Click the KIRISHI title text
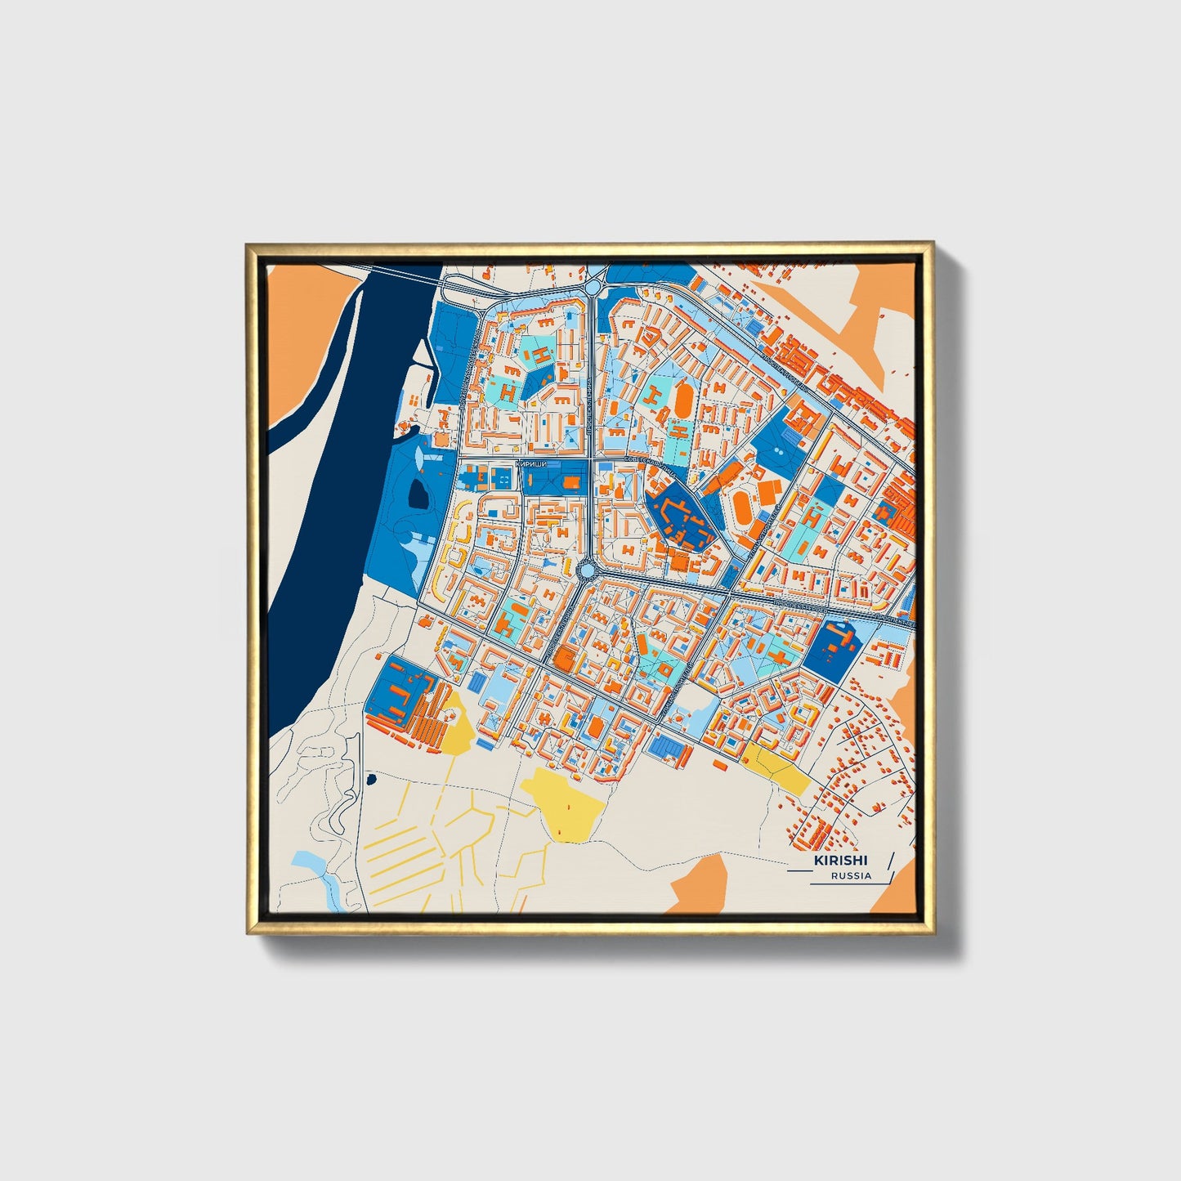pyautogui.click(x=840, y=861)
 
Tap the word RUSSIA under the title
pyautogui.click(x=851, y=876)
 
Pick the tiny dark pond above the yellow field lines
pyautogui.click(x=372, y=778)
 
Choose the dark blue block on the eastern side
pyautogui.click(x=827, y=648)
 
